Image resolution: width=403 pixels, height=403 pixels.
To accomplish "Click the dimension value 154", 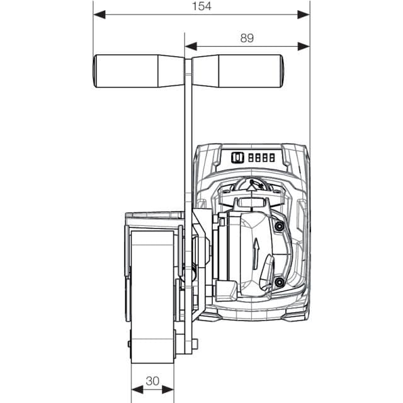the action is pos(201,6).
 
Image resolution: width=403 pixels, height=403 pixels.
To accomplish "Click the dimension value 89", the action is pos(247,38).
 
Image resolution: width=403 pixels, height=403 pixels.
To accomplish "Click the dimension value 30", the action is pos(152,381).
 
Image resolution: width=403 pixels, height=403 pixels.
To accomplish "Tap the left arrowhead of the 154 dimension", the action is pos(99,14).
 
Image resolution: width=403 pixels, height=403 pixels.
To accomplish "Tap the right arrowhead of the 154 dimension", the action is pos(304,14).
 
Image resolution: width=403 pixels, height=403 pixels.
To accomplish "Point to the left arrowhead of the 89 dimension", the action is pos(191,47).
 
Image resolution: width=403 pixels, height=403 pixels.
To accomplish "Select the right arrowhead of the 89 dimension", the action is pos(304,47).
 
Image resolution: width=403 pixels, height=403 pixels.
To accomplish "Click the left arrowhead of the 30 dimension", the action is pos(137,390).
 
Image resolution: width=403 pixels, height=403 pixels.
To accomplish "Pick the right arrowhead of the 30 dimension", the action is pos(168,390).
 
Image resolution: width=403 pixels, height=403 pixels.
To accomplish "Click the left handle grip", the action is pos(139,71).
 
